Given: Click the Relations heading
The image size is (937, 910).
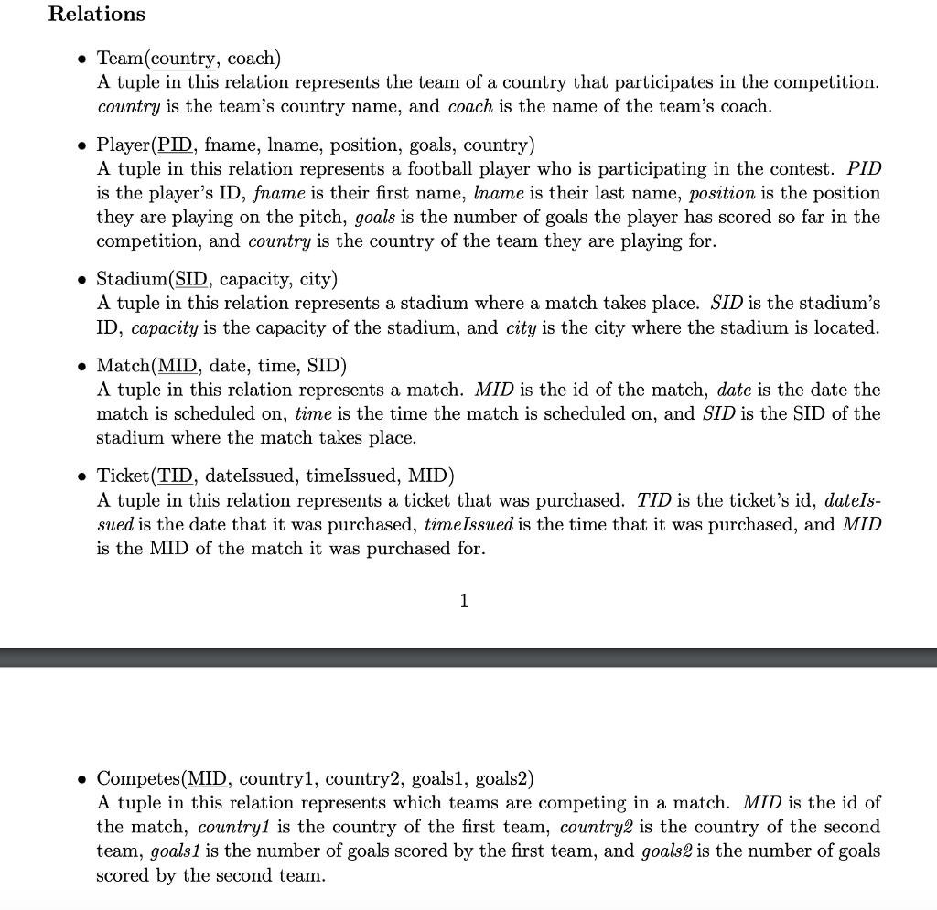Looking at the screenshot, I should tap(96, 15).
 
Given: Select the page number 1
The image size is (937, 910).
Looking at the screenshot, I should tap(464, 601).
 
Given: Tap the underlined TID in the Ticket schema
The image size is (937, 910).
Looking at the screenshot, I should tap(177, 476).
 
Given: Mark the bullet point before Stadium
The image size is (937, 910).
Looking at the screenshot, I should tap(82, 279).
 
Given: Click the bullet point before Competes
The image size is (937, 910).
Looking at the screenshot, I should tap(82, 779).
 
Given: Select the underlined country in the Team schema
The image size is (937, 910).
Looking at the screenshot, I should tap(182, 59).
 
